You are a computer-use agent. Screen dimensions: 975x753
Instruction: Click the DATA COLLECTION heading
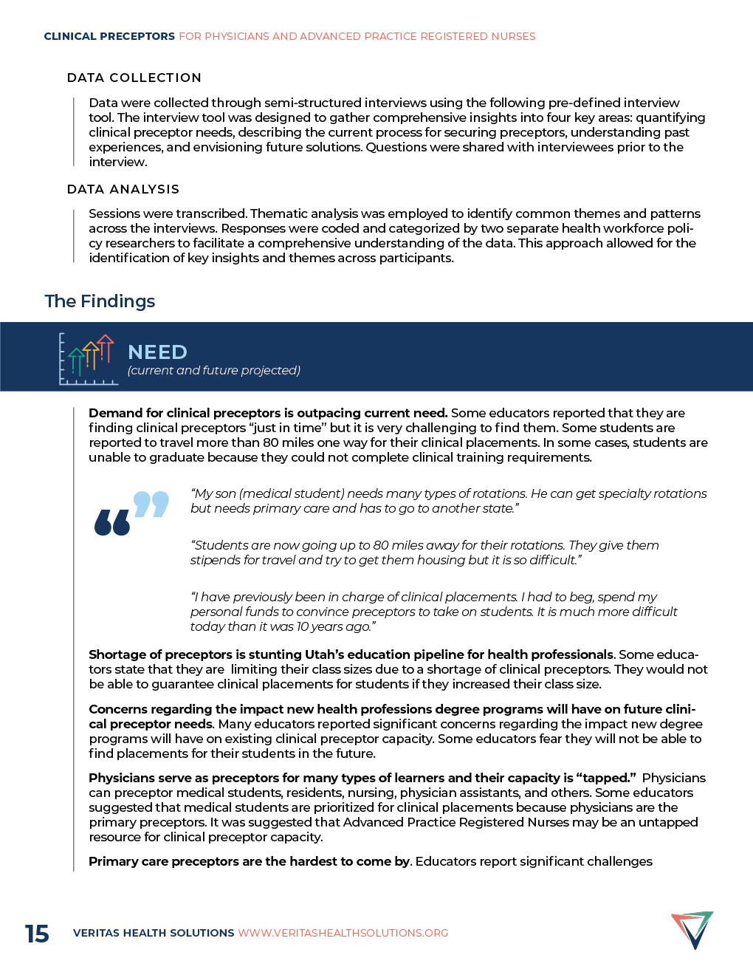pyautogui.click(x=134, y=78)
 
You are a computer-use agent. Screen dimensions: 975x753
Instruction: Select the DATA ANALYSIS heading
pyautogui.click(x=123, y=189)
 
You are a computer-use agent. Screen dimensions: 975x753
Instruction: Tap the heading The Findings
pyautogui.click(x=100, y=301)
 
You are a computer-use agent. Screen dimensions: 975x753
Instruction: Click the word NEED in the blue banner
pyautogui.click(x=157, y=352)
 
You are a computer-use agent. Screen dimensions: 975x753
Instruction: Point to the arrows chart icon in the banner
pyautogui.click(x=88, y=360)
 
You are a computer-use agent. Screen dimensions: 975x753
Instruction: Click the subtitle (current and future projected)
pyautogui.click(x=213, y=371)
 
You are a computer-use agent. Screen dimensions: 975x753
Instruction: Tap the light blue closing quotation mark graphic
pyautogui.click(x=151, y=504)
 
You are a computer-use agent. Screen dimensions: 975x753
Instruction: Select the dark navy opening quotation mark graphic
pyautogui.click(x=112, y=522)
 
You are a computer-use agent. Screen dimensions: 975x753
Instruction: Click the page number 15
pyautogui.click(x=37, y=934)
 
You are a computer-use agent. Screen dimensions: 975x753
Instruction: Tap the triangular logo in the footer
pyautogui.click(x=692, y=930)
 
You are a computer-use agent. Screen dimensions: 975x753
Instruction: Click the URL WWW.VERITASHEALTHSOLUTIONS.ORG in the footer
pyautogui.click(x=343, y=933)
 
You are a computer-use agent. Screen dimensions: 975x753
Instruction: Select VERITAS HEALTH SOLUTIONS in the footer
pyautogui.click(x=154, y=933)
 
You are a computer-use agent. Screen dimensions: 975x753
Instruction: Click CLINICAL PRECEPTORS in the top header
pyautogui.click(x=109, y=36)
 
